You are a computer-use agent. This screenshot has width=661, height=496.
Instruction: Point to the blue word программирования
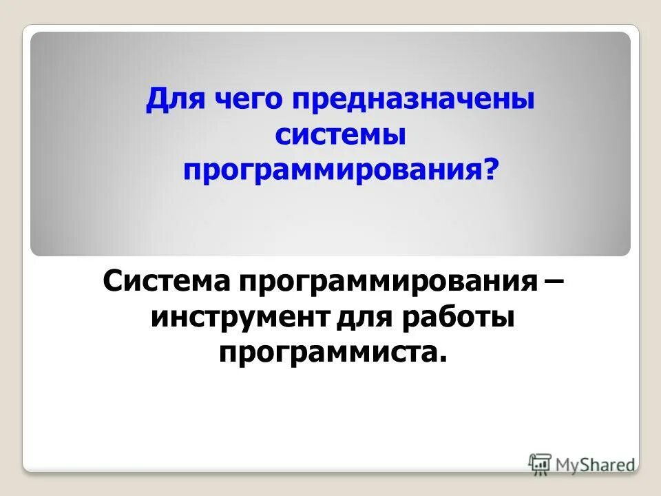tap(331, 167)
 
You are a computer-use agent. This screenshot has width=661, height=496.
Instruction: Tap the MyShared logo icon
tap(541, 464)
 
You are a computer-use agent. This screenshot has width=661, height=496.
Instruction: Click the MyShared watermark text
tap(596, 464)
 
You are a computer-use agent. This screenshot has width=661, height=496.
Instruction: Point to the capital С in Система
tap(112, 282)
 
